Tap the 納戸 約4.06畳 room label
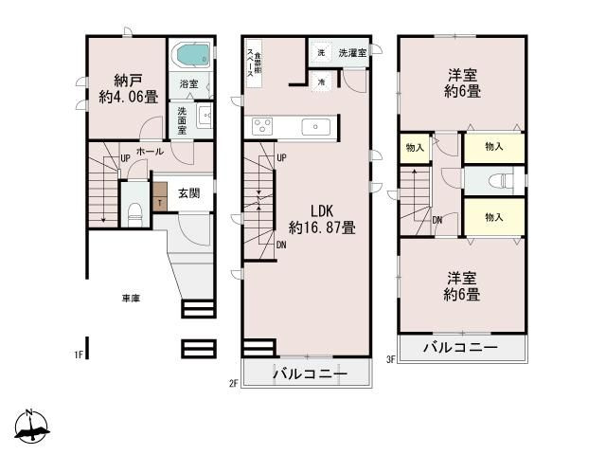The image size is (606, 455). tap(124, 88)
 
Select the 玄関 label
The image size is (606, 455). tap(188, 193)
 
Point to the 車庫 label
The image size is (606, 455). tap(130, 299)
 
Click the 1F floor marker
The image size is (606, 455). tap(80, 355)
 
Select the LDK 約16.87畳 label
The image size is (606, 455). tap(322, 219)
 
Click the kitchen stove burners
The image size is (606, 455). tap(262, 126)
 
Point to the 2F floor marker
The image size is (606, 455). tap(232, 383)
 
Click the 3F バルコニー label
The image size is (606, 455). tap(459, 348)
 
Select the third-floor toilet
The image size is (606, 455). tap(497, 181)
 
